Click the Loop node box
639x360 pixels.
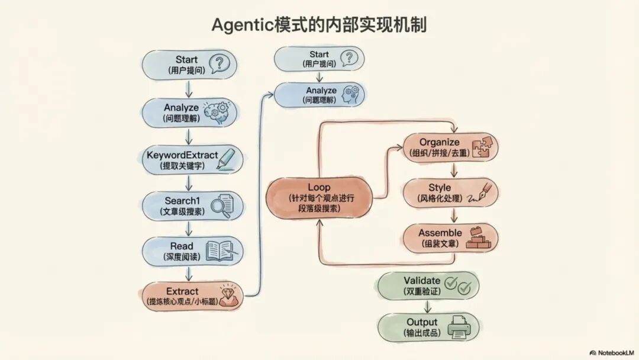(x=319, y=194)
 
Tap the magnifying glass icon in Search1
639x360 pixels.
(x=221, y=206)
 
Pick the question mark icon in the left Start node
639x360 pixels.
(x=220, y=63)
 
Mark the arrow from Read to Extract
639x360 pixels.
(x=189, y=273)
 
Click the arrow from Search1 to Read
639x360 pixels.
(x=189, y=229)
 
